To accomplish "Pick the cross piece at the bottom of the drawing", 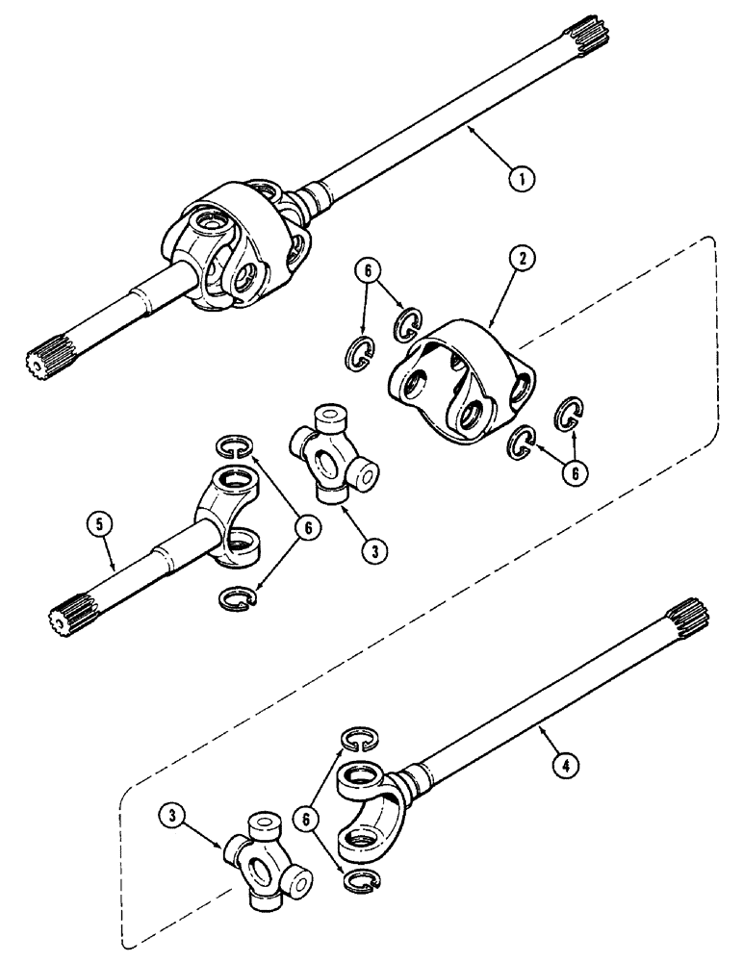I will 267,858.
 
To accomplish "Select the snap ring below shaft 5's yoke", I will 237,598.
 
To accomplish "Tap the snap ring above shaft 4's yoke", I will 360,738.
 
